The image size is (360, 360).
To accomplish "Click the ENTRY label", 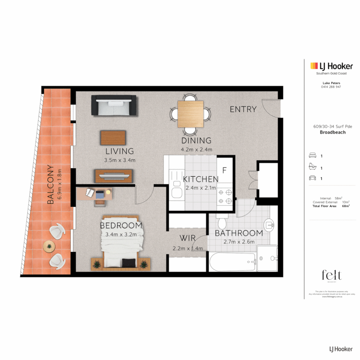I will [x=243, y=109].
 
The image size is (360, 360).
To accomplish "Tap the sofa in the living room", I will [x=114, y=105].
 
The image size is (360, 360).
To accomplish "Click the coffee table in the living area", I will [x=113, y=138].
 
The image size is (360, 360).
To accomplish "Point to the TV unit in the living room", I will [x=114, y=176].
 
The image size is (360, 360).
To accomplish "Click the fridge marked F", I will [x=224, y=170].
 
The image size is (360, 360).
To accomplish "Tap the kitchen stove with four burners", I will [x=225, y=197].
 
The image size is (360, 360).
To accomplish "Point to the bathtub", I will [x=232, y=261].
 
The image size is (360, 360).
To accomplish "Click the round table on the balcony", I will [x=49, y=246].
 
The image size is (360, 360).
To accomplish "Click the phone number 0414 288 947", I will [x=331, y=87].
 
